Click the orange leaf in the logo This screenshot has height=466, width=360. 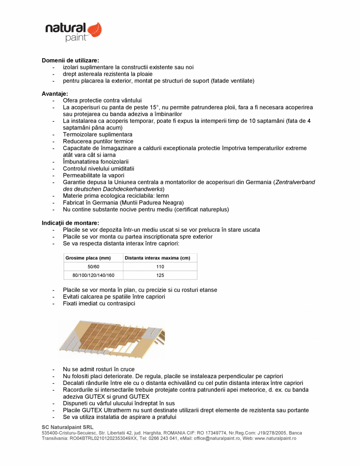point(94,30)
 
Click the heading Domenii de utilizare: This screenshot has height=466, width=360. point(71,60)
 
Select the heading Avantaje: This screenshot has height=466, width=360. point(55,94)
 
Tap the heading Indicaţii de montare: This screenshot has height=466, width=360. point(70,223)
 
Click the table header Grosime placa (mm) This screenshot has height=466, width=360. point(88,258)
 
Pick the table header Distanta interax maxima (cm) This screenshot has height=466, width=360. point(157,258)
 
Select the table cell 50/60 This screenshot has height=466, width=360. point(93,267)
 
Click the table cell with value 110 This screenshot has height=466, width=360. point(160,267)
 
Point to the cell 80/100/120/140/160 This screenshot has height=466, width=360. point(93,275)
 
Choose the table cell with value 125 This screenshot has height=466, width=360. point(160,275)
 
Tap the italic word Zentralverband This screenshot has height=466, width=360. point(296,182)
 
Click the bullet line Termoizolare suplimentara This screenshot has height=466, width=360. point(97,134)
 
